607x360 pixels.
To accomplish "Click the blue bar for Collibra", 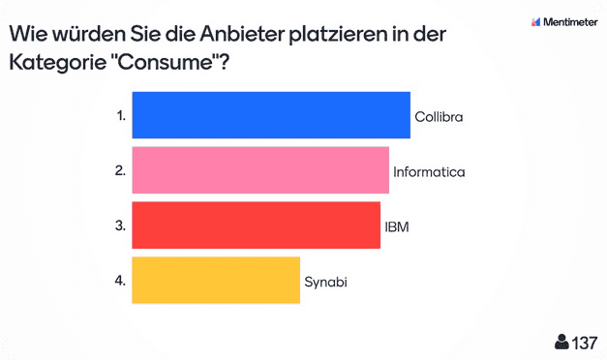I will click(271, 115).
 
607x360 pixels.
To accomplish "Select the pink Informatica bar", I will click(259, 170).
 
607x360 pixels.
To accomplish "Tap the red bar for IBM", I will click(256, 225).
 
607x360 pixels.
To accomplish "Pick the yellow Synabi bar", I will click(215, 281).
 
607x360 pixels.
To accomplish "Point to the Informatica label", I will click(430, 171).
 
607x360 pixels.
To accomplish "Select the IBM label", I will click(396, 226).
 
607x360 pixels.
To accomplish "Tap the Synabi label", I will click(325, 282).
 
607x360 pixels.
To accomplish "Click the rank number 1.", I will click(121, 115).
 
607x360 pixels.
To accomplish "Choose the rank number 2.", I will click(120, 170).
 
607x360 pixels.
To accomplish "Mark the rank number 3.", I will click(120, 225).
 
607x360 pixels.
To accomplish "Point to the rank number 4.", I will click(120, 281).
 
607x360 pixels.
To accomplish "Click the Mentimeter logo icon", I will click(535, 20).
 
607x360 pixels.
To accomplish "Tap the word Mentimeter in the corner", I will click(571, 20).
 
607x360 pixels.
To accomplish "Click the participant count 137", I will click(585, 343).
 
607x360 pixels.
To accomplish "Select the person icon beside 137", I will click(561, 343).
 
